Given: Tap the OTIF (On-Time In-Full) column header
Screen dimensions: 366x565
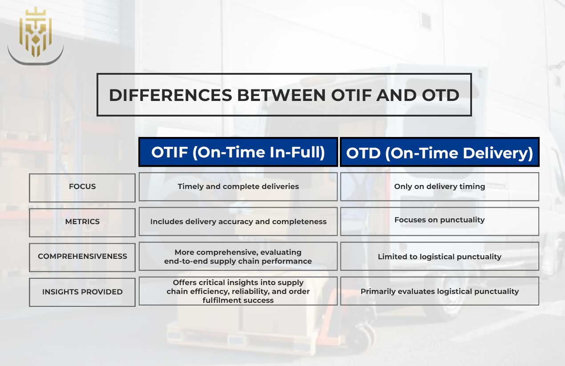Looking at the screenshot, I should click(x=238, y=152).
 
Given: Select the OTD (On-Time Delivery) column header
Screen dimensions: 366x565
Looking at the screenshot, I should click(x=440, y=153).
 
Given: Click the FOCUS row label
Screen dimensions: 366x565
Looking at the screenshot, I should click(x=82, y=187).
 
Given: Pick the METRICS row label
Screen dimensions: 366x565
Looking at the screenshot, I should click(x=82, y=221).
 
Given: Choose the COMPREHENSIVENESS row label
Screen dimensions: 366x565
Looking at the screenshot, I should click(x=82, y=257).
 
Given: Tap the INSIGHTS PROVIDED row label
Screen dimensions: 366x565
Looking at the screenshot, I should click(x=82, y=292).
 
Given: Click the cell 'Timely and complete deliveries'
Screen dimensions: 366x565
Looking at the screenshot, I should click(x=238, y=187).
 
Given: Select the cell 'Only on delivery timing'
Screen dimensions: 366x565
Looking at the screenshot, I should click(x=440, y=187).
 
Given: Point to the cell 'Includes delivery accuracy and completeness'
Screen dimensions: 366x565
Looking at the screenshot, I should click(x=238, y=221).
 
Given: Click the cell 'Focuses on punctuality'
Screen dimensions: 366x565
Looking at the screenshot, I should click(x=440, y=220).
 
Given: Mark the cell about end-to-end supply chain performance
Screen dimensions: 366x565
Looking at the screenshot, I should click(x=238, y=257).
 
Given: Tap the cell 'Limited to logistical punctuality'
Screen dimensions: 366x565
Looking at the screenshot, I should click(x=440, y=257).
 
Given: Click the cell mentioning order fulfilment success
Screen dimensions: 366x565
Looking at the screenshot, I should click(x=238, y=292).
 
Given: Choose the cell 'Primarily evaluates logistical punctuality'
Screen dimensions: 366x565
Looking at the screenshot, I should click(x=440, y=292).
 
